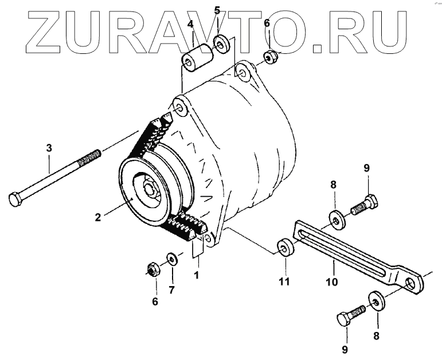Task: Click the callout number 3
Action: [49, 148]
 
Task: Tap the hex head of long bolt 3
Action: [16, 199]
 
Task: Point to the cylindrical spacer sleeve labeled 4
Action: [195, 60]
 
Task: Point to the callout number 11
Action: [284, 281]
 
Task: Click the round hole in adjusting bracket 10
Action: [409, 283]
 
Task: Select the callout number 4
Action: [190, 25]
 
